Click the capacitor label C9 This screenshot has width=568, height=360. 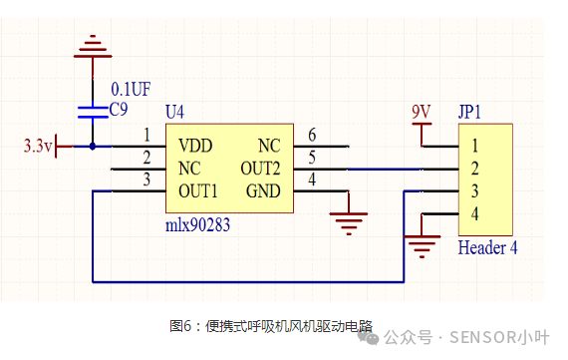120,108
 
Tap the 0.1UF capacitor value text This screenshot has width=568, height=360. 131,88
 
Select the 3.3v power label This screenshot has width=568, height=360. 37,147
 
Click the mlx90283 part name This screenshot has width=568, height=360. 197,225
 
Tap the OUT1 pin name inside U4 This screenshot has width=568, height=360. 198,190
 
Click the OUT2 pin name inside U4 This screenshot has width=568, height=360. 260,168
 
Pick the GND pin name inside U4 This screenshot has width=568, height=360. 263,190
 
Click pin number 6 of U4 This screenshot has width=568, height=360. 312,135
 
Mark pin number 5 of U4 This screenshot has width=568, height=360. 312,158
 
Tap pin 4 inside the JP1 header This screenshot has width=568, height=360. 475,213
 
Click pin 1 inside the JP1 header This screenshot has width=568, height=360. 475,145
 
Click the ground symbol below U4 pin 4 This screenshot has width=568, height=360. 348,221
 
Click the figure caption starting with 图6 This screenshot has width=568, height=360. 271,325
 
